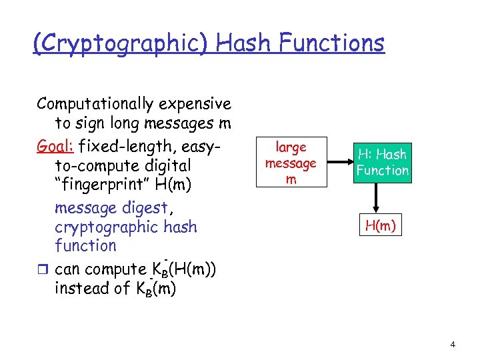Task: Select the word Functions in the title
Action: click(x=331, y=43)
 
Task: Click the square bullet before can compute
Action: click(x=41, y=270)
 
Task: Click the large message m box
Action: click(x=291, y=163)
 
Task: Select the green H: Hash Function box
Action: click(x=382, y=162)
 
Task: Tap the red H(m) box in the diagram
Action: click(x=380, y=226)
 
